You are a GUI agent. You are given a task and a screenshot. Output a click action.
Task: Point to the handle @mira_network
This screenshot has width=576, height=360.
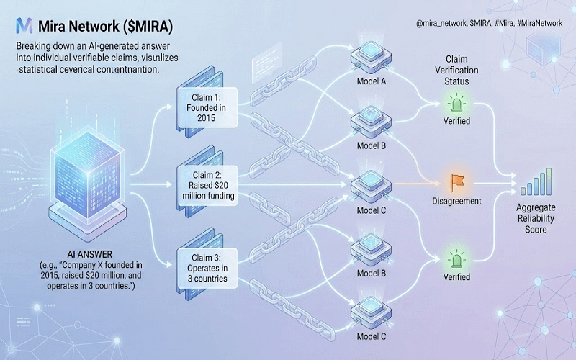pyautogui.click(x=440, y=23)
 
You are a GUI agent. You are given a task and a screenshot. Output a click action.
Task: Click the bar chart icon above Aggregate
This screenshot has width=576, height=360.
pyautogui.click(x=536, y=182)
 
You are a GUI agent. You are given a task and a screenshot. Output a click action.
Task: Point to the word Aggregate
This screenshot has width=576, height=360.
pyautogui.click(x=536, y=208)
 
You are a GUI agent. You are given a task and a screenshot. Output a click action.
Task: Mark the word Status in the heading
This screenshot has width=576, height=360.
pyautogui.click(x=457, y=81)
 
